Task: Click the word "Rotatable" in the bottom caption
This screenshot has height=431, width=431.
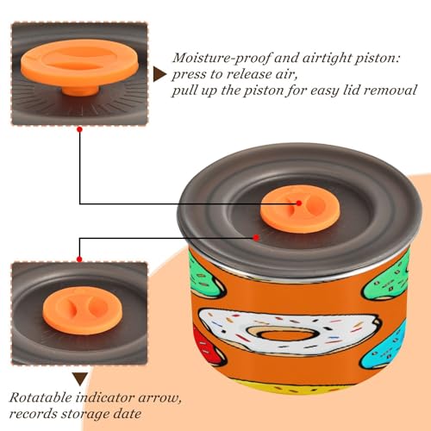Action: click(x=41, y=398)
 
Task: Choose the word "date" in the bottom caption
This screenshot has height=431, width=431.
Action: click(x=128, y=414)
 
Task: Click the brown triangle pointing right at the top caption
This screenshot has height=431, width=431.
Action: click(x=159, y=75)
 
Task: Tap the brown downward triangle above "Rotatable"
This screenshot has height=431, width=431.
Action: click(x=80, y=379)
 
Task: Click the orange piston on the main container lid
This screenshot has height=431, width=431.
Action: click(x=300, y=209)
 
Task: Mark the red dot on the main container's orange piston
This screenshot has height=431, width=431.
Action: click(x=299, y=203)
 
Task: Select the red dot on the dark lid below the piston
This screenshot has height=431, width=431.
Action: click(x=256, y=238)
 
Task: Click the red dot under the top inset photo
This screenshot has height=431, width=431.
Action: click(x=80, y=129)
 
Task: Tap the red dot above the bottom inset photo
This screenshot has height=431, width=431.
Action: click(x=79, y=259)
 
